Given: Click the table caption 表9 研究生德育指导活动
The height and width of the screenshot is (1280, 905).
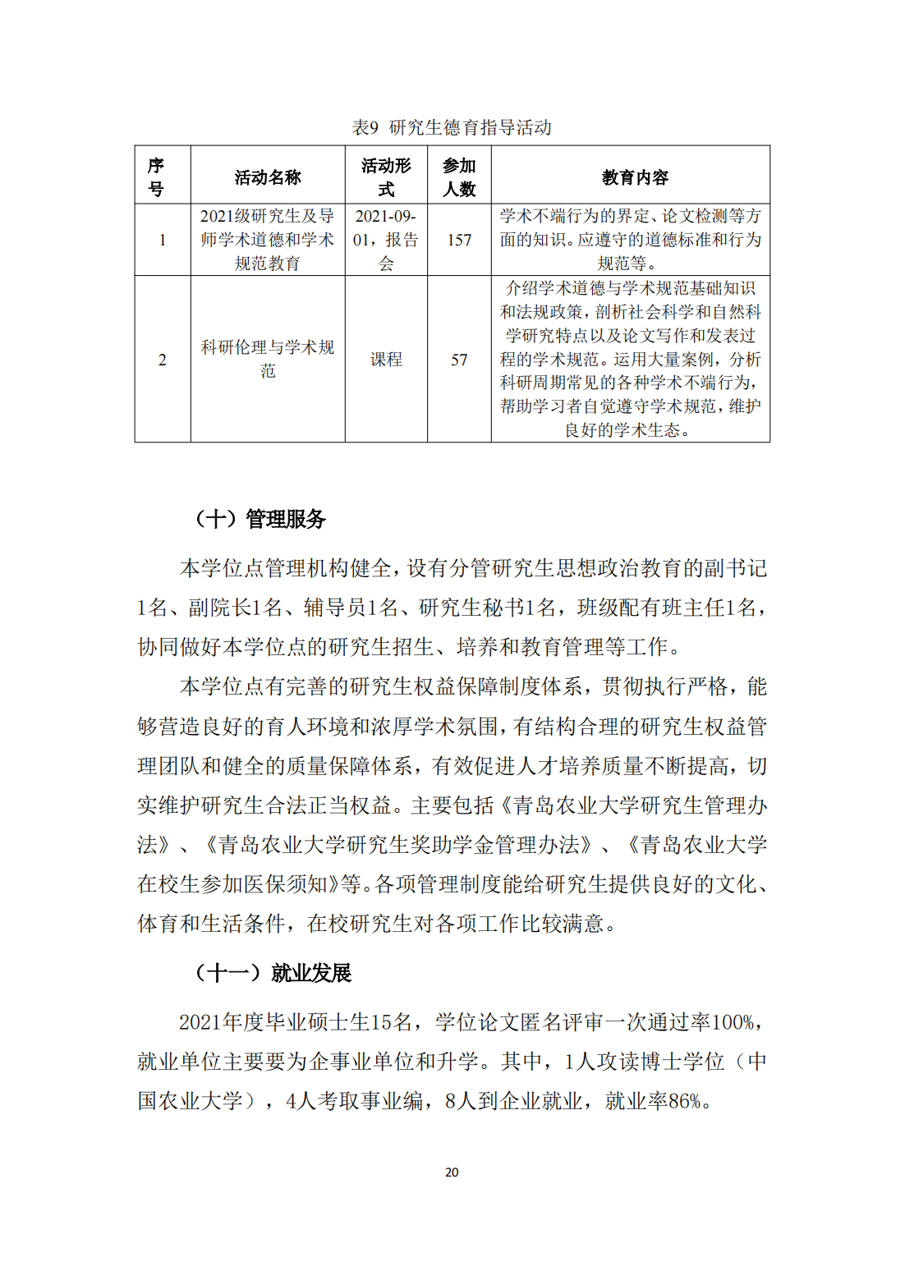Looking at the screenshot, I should click(x=452, y=127).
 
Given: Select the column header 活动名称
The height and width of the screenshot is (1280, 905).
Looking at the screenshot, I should click(x=268, y=177).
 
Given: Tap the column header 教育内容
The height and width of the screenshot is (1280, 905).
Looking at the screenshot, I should click(x=635, y=177).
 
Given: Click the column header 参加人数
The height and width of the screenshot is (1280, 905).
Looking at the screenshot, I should click(x=459, y=177).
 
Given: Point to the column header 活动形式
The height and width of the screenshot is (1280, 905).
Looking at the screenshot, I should click(x=386, y=177).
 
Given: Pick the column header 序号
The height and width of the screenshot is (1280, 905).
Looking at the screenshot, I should click(x=156, y=177).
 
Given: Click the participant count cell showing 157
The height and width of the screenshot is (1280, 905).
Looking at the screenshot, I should click(x=459, y=240).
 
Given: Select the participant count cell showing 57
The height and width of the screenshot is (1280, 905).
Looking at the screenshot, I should click(x=459, y=360).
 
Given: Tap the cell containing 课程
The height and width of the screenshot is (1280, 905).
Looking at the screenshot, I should click(x=386, y=360).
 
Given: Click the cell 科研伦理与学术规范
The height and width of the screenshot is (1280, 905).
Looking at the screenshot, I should click(x=268, y=359).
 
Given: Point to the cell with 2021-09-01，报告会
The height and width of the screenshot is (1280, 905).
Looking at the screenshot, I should click(x=386, y=240).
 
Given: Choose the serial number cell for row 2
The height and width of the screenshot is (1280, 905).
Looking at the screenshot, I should click(x=163, y=360).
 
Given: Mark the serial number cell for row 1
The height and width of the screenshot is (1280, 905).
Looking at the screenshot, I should click(x=163, y=240).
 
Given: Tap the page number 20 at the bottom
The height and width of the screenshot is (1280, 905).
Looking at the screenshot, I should click(x=452, y=1172).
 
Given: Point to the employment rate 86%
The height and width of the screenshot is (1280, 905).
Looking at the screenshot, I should click(x=684, y=1101).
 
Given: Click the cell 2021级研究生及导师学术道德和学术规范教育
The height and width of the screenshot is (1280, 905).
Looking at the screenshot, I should click(x=268, y=240).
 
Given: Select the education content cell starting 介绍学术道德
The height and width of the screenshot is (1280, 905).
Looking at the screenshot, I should click(x=631, y=359).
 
